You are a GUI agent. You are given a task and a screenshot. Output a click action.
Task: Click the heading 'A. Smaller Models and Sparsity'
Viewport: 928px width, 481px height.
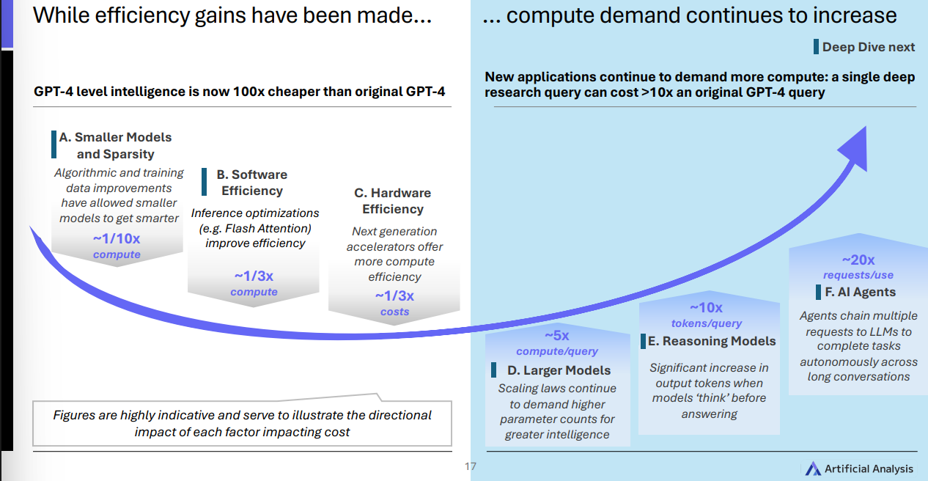(x=115, y=145)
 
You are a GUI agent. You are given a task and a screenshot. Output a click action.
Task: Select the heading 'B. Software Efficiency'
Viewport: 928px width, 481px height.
(x=252, y=183)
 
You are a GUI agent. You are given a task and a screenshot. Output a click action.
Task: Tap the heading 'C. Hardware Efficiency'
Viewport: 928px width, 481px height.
(x=393, y=201)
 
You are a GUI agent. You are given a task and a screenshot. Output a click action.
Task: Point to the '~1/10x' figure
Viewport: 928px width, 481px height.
(x=117, y=238)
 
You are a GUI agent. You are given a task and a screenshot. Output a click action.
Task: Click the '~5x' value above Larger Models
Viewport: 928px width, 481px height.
(x=556, y=336)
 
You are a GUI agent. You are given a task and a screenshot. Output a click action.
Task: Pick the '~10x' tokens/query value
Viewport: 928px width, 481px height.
(x=706, y=308)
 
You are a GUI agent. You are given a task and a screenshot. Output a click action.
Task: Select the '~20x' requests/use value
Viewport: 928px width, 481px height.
(x=858, y=260)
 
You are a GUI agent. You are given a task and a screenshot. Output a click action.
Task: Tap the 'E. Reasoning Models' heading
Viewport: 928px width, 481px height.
(x=711, y=341)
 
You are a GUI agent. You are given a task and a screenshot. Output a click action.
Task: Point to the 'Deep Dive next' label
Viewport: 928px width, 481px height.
(x=868, y=47)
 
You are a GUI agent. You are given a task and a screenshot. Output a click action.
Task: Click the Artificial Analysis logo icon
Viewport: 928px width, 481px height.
(x=813, y=469)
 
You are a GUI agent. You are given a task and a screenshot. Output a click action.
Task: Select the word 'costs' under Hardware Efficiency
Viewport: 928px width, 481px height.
(x=394, y=312)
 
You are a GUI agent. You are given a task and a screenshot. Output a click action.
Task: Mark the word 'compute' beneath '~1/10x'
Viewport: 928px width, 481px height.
(x=117, y=254)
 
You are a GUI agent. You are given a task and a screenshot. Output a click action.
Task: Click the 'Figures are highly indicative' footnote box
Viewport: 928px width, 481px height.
(x=242, y=424)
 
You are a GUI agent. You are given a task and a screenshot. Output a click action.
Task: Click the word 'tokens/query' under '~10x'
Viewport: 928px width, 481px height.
(x=707, y=323)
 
